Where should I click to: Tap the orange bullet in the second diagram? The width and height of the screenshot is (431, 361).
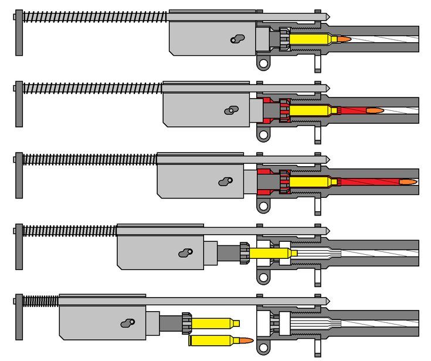click(374, 110)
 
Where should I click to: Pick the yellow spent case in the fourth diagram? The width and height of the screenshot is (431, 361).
click(270, 253)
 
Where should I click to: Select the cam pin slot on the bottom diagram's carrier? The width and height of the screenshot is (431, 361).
click(127, 323)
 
